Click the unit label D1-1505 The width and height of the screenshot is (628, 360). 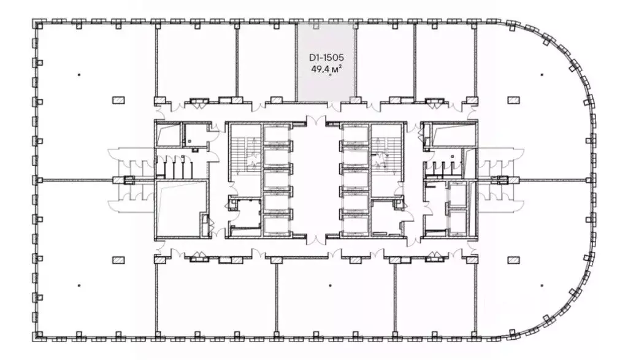(326, 58)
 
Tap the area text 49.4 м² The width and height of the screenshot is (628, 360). (326, 69)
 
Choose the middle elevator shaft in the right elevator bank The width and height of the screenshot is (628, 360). (355, 180)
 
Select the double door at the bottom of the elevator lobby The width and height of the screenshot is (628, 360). (316, 239)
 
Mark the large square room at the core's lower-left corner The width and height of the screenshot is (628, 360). (182, 209)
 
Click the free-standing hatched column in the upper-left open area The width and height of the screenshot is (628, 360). (118, 100)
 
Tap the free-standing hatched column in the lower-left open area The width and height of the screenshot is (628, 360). (118, 260)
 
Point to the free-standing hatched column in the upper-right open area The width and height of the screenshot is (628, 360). (513, 100)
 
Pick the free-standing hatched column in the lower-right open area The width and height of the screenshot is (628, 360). (513, 260)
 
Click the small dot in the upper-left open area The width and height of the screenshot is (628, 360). (79, 74)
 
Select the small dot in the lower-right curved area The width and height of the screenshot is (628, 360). (542, 286)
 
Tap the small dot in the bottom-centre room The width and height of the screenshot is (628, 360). (331, 286)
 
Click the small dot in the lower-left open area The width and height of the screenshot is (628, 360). (79, 286)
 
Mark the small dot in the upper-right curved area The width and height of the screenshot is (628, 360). (542, 74)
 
